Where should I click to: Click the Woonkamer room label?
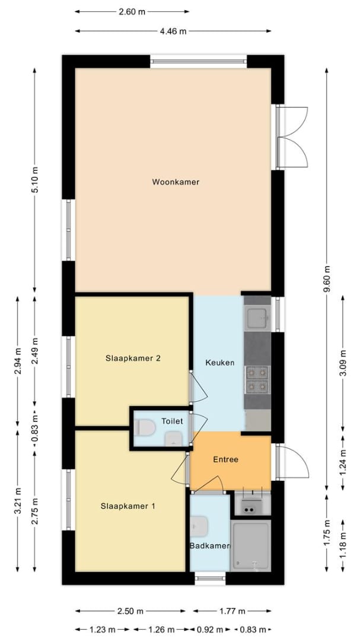pos(175,182)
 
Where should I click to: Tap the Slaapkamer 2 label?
pos(133,358)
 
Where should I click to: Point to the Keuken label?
pos(219,363)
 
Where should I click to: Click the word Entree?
pos(225,459)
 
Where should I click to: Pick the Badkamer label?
pos(209,546)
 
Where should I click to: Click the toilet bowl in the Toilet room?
pos(144,427)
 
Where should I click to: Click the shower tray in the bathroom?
pos(250,545)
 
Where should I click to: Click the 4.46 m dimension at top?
pos(173,31)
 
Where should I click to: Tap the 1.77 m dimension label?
pos(232,611)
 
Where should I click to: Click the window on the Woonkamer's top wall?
pos(198,60)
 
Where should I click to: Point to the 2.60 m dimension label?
pos(133,11)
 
